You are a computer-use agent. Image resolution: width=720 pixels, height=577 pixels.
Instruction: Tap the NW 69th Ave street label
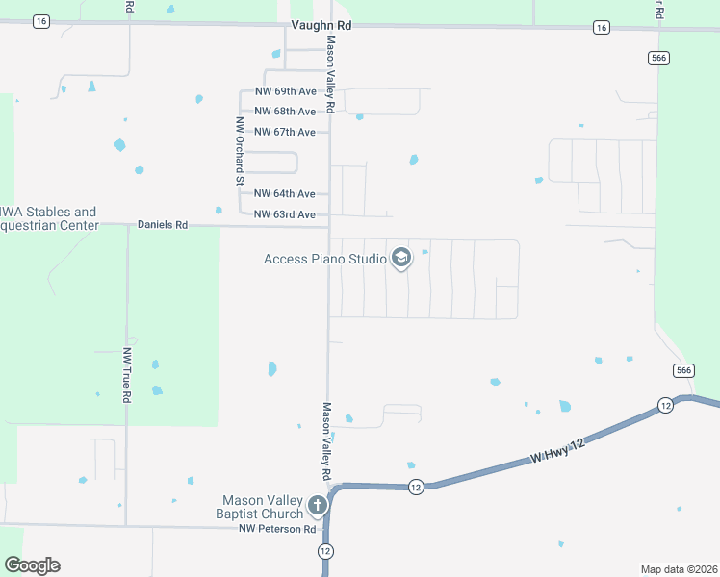click(x=285, y=91)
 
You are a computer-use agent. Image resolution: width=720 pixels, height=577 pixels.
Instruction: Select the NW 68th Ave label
click(x=285, y=112)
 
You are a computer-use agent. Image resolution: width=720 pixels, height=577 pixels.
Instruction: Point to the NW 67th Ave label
click(x=285, y=132)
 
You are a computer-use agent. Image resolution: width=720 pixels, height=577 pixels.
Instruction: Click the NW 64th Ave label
click(x=285, y=194)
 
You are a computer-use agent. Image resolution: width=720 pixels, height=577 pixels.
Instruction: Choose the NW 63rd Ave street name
click(x=285, y=214)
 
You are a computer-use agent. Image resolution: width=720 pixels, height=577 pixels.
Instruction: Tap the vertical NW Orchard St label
click(x=239, y=151)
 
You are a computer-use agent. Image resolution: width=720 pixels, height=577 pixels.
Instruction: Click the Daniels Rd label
click(x=163, y=225)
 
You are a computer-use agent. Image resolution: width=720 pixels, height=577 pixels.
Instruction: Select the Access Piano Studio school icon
click(x=401, y=259)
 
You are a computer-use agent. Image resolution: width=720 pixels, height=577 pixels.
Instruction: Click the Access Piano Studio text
click(x=325, y=259)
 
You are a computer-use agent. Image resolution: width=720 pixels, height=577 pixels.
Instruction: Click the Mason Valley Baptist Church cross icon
click(x=318, y=506)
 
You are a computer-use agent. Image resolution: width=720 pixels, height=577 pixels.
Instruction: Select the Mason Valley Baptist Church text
click(x=263, y=507)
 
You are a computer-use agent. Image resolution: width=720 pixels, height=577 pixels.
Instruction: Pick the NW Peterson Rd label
click(x=277, y=529)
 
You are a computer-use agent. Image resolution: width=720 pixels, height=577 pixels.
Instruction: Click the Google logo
click(x=32, y=565)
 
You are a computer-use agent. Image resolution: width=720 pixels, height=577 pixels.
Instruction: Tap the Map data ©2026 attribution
click(x=679, y=568)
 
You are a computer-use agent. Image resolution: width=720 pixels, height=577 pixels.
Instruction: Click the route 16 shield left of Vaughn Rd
click(x=40, y=22)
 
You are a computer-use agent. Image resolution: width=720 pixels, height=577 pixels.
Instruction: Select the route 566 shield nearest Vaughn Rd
click(x=658, y=59)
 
